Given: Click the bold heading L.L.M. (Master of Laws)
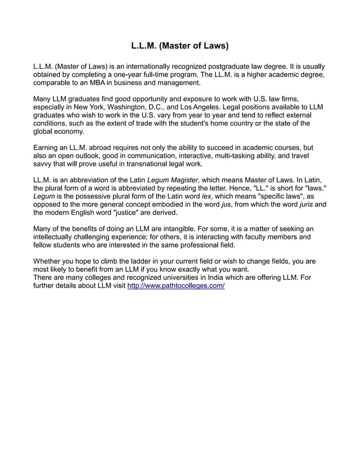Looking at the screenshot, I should pyautogui.click(x=179, y=46).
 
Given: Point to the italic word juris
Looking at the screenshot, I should pyautogui.click(x=307, y=205).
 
